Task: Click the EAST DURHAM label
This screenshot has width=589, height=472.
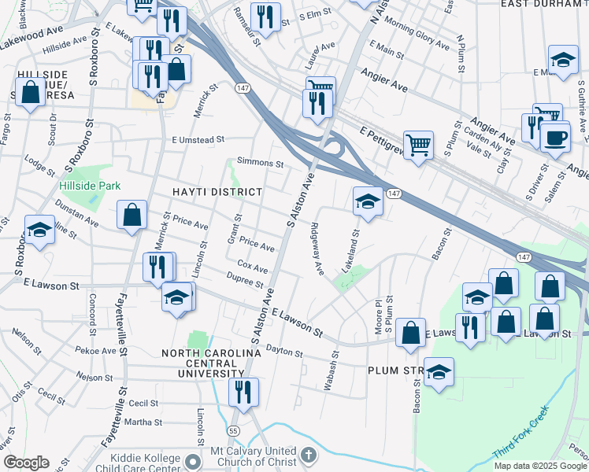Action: [543, 4]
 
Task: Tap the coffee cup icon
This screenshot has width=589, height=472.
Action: [555, 138]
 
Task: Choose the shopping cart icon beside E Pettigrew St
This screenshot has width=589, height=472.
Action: [419, 144]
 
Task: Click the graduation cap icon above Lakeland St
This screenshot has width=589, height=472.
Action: [368, 201]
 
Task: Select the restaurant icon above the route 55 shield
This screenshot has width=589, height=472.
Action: [244, 390]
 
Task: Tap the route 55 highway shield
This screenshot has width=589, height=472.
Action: [233, 431]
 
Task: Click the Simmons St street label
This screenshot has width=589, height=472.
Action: [260, 164]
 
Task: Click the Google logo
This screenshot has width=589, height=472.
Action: [25, 463]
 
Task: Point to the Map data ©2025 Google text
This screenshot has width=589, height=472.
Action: [539, 466]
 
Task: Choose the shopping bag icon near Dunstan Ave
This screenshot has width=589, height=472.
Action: [132, 215]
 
